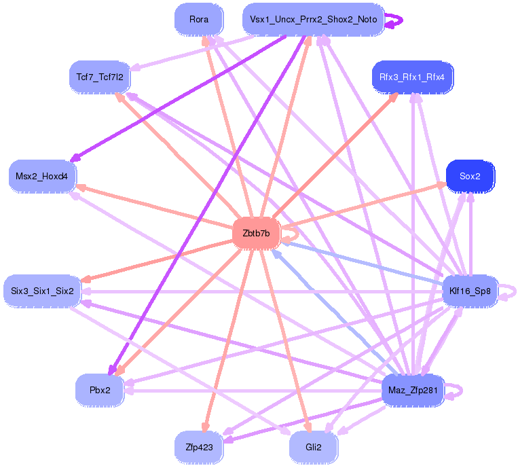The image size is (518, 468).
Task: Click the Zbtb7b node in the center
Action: [256, 234]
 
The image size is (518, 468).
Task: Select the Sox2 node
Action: [470, 176]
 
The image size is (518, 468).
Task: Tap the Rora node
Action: [199, 20]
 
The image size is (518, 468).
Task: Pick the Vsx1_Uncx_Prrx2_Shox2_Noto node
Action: [313, 20]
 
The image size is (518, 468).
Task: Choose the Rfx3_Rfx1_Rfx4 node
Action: [413, 77]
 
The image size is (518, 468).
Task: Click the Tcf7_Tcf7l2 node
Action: [99, 77]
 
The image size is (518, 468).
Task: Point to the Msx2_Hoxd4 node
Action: [42, 176]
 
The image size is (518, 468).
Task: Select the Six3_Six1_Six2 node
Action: [42, 291]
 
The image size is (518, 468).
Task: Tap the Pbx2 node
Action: [100, 390]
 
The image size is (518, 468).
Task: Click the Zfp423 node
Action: [199, 447]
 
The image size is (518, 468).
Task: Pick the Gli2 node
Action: [313, 447]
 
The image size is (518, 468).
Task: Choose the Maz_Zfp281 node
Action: [413, 390]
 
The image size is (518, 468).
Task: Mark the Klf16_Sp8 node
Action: [470, 291]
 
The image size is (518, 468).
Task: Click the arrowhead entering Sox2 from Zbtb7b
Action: [442, 185]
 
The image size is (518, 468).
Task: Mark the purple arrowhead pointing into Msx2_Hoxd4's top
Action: [75, 158]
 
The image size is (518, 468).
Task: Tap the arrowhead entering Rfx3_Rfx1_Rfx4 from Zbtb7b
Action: [394, 97]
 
